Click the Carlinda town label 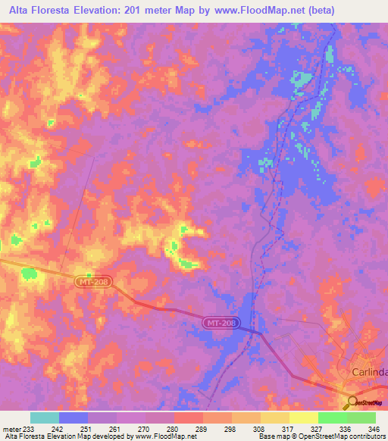(x=370, y=372)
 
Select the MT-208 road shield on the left (x=94, y=282)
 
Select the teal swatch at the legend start (x=45, y=418)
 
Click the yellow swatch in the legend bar (x=304, y=418)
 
